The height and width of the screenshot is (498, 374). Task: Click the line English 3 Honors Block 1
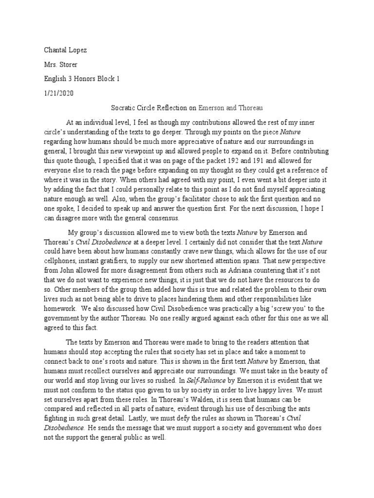(78, 78)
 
